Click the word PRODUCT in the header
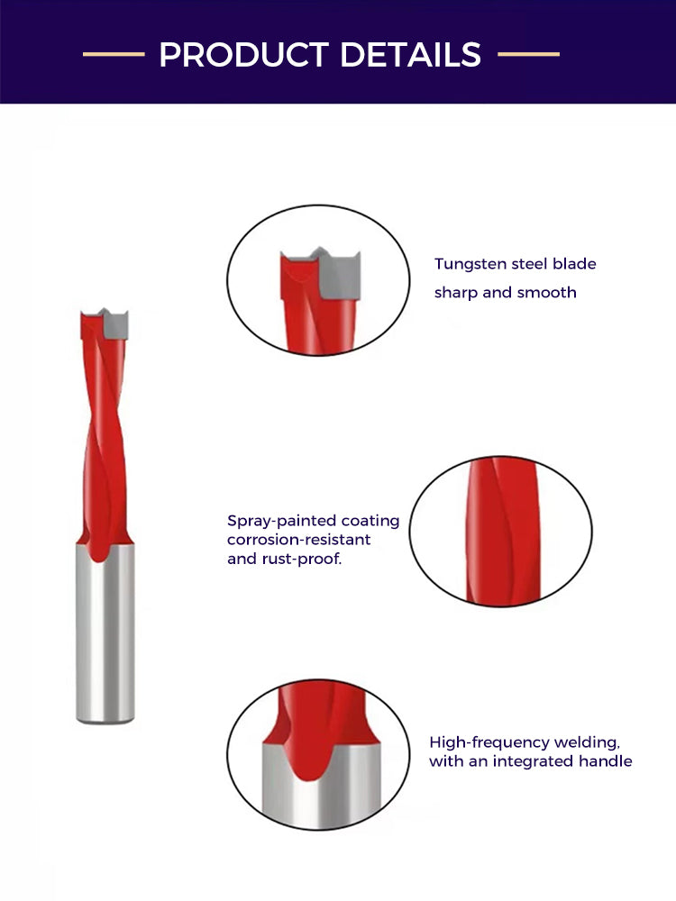tap(243, 55)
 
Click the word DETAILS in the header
tap(410, 55)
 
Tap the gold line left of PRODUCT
tap(114, 54)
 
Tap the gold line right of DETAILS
tap(528, 54)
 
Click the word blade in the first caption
tap(574, 264)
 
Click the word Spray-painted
tap(281, 521)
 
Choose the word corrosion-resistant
tap(299, 540)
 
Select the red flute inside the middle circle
tap(503, 532)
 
